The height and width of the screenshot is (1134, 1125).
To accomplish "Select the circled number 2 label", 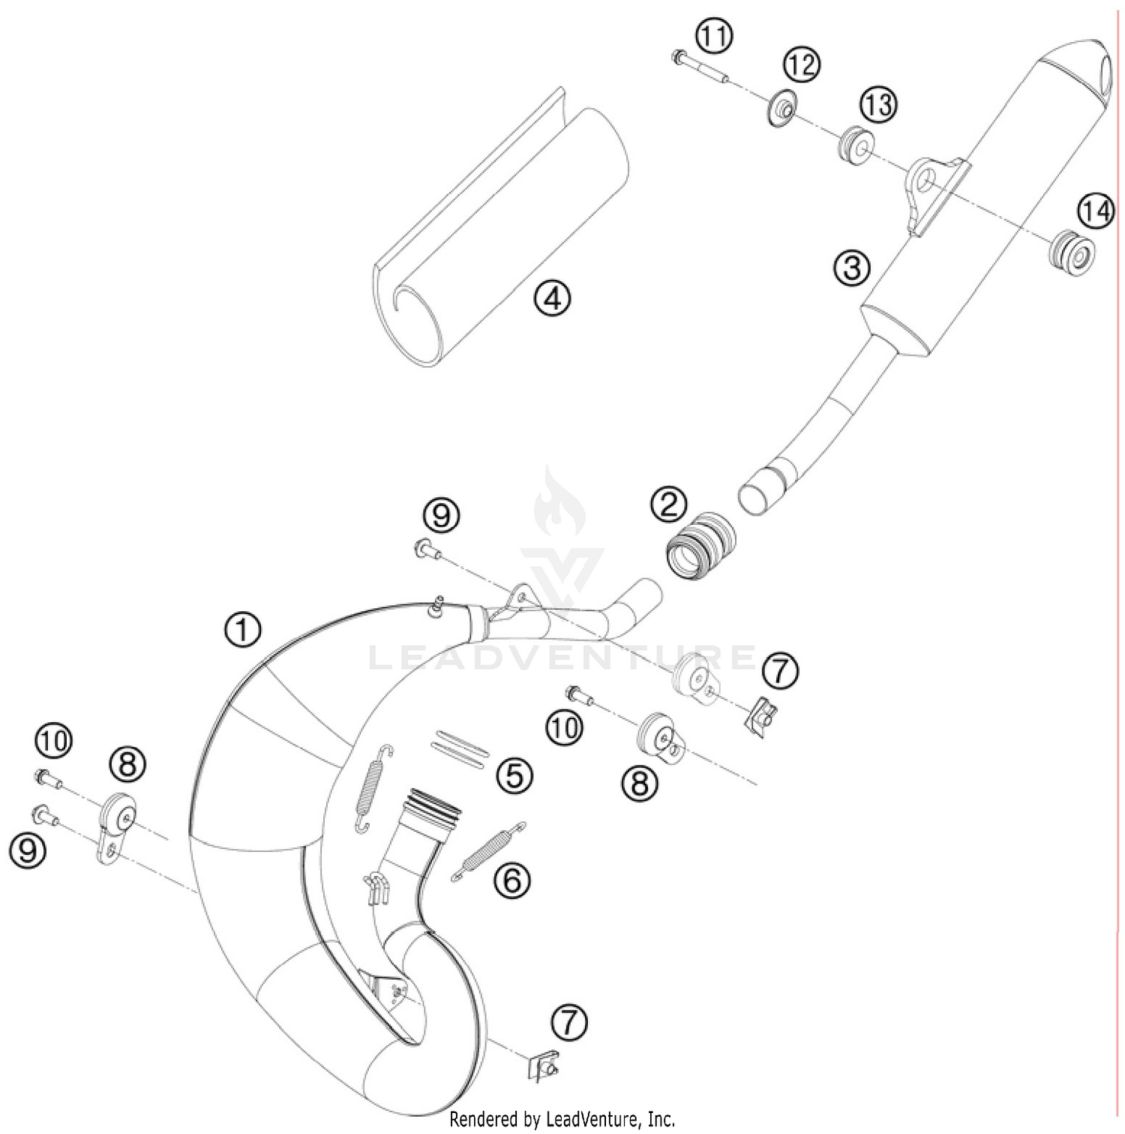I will click(668, 504).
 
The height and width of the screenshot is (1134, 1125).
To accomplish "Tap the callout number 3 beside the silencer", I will click(852, 268).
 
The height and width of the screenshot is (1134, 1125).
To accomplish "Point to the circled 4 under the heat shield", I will click(552, 299).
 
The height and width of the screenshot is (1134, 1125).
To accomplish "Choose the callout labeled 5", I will click(514, 775).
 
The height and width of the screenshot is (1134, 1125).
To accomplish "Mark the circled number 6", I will click(512, 880).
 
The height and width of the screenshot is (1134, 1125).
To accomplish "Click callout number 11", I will click(714, 35).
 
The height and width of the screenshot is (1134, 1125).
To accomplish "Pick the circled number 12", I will click(802, 65).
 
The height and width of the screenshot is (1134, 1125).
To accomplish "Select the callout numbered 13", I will click(877, 104).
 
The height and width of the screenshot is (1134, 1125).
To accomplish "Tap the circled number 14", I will click(1096, 211).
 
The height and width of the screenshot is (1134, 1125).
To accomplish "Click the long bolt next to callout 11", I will click(700, 67).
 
